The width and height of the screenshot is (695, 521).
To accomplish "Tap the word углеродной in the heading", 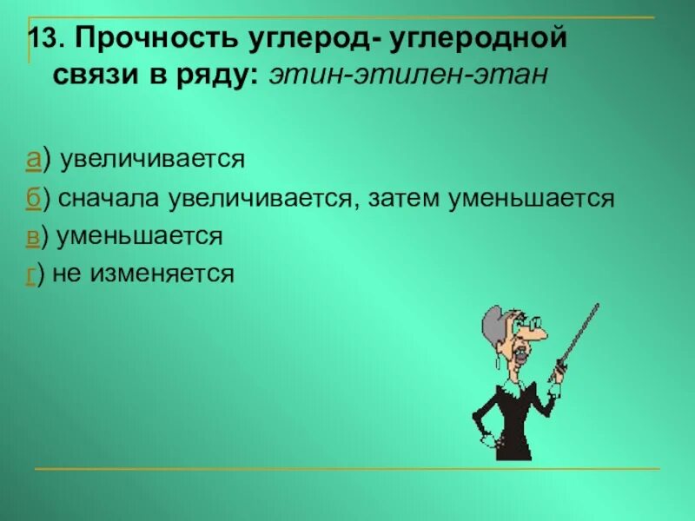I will [x=483, y=39].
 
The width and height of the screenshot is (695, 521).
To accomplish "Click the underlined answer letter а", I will [x=34, y=160].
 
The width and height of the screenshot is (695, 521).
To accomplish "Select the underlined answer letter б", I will [x=34, y=198].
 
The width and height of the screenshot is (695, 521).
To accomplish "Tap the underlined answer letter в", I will [x=33, y=236].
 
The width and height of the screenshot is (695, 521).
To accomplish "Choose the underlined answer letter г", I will [x=31, y=274].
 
